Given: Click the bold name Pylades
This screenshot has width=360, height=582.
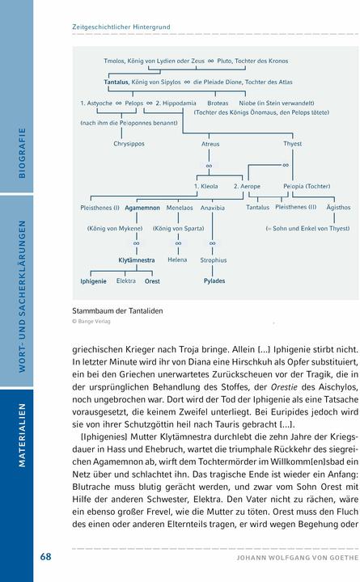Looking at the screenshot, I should [x=214, y=280].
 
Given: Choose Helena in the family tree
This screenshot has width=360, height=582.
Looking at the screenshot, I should [x=177, y=260].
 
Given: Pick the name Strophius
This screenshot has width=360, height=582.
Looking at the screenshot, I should [x=214, y=260].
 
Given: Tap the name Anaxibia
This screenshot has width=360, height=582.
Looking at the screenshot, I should [x=213, y=208].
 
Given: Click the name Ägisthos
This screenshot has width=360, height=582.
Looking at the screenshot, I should [x=338, y=208].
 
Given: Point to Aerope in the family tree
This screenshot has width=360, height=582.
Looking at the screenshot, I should [x=248, y=186].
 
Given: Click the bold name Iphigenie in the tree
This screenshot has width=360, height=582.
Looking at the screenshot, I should [x=93, y=280].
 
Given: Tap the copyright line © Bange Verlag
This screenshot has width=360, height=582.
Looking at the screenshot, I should [x=91, y=321].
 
